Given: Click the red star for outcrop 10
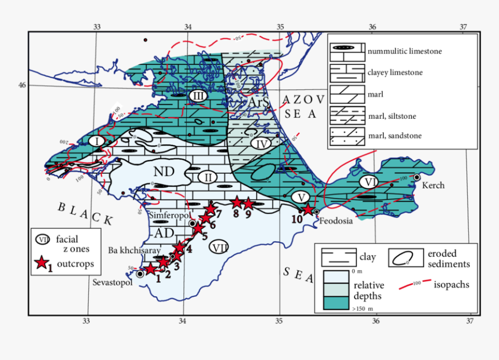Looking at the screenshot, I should (308, 210).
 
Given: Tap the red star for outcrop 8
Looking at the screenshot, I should (237, 202).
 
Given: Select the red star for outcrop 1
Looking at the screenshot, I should (150, 269).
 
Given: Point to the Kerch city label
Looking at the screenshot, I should (433, 186).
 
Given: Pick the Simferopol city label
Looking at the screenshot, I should (167, 214).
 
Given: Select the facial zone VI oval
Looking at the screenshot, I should (370, 182).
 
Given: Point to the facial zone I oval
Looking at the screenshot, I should (97, 141).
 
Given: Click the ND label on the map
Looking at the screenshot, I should (164, 172).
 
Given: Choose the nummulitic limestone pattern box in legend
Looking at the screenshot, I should (346, 51).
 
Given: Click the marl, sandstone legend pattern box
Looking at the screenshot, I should (346, 136).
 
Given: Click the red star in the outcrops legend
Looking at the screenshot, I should (41, 263).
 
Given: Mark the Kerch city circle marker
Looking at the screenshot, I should (417, 177).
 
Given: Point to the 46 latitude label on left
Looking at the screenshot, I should (22, 85).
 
